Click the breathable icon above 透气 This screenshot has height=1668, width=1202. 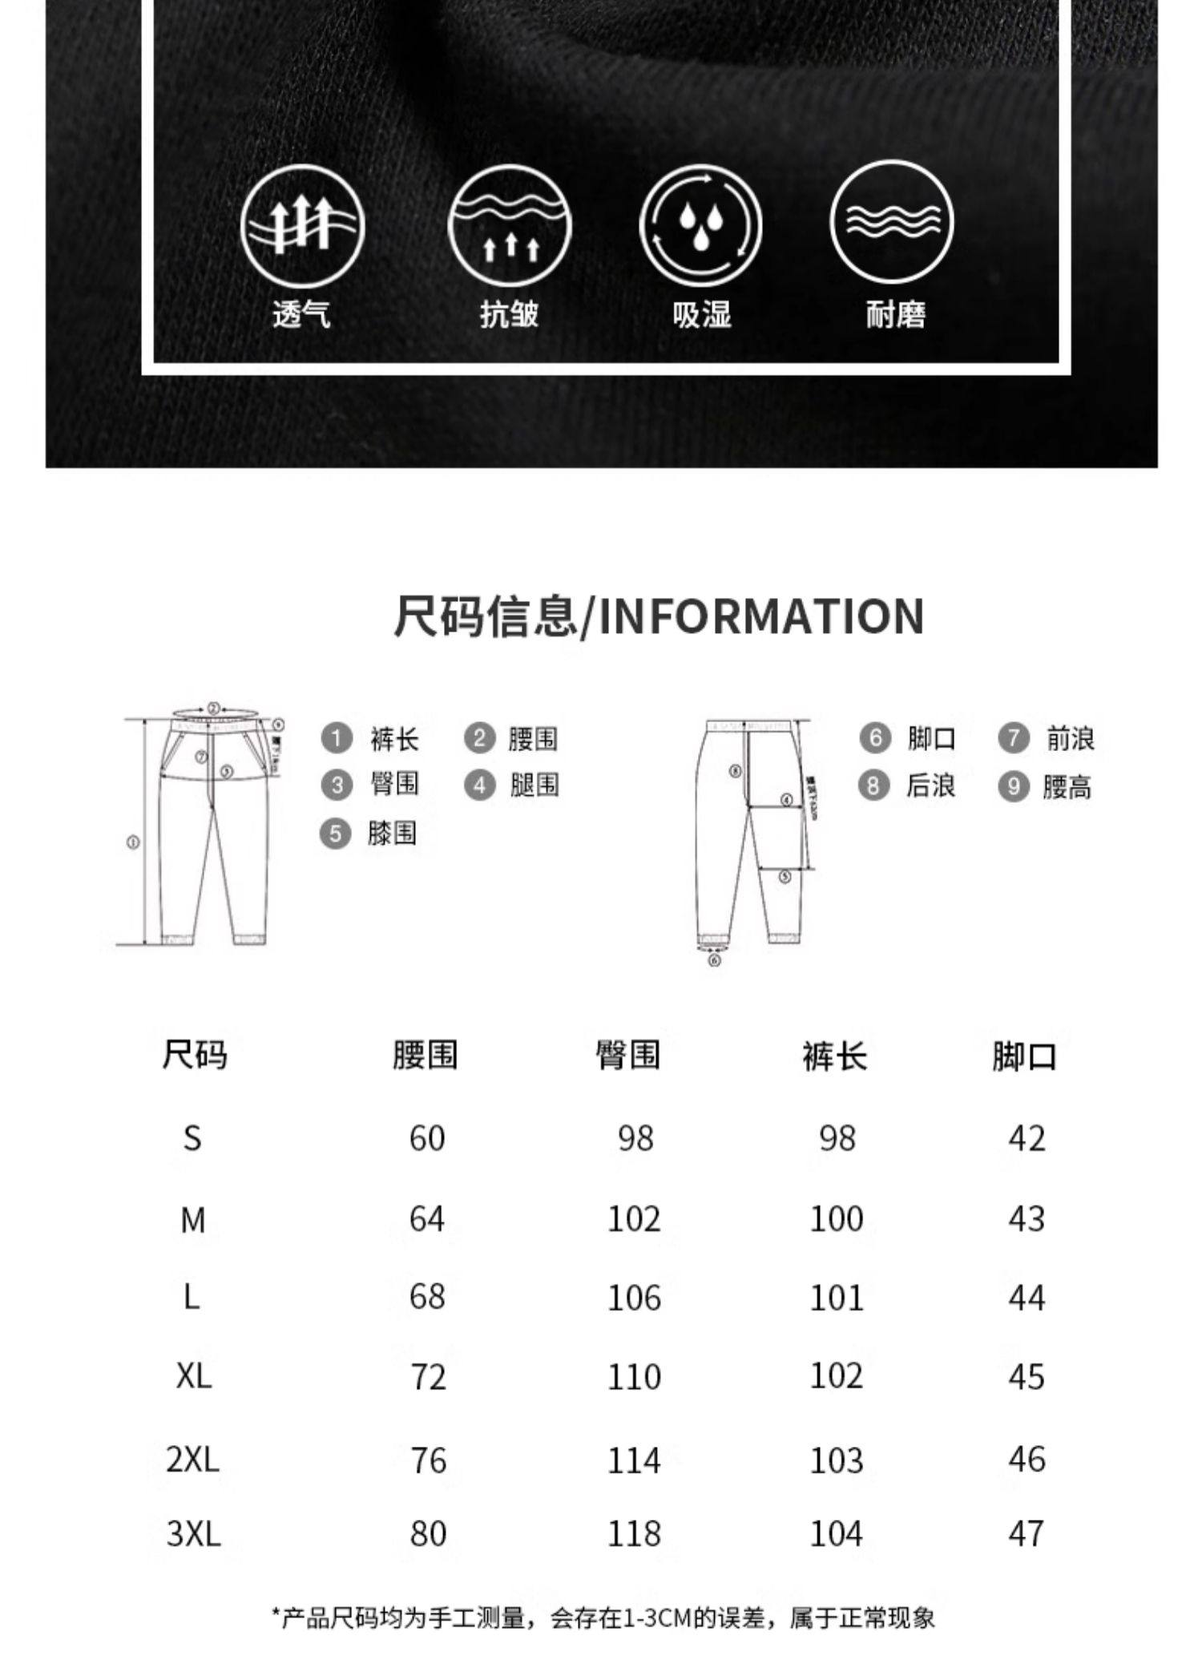tap(302, 225)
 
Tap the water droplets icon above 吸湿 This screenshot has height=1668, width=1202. tap(700, 225)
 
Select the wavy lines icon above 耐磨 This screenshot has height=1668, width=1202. tap(892, 222)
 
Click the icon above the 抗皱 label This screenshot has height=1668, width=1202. tap(510, 225)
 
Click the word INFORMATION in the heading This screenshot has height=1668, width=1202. tap(761, 616)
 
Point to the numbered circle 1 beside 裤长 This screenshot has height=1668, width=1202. tap(337, 737)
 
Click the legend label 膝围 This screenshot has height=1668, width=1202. tap(393, 834)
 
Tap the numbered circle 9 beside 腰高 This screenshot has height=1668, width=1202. tap(1013, 787)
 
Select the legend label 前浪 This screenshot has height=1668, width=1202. tap(1070, 738)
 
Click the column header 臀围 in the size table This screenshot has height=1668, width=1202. tap(627, 1055)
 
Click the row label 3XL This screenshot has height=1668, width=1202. tap(193, 1534)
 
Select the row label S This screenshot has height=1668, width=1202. tap(192, 1137)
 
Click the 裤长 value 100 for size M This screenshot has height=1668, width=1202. tap(837, 1219)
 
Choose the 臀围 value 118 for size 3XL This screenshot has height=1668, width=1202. tap(634, 1534)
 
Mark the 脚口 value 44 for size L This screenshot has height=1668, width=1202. tap(1027, 1298)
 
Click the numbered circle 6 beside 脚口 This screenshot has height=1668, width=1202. tap(875, 737)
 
